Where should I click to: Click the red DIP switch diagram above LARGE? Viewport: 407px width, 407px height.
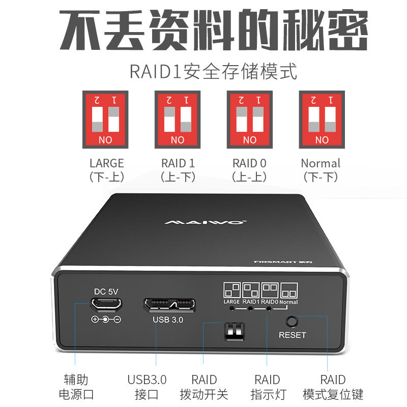coord(105,120)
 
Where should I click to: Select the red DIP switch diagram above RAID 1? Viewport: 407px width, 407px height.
coord(178,120)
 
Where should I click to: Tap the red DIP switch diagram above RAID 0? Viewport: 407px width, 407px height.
coord(250,120)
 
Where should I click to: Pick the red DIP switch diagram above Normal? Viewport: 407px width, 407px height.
coord(322,120)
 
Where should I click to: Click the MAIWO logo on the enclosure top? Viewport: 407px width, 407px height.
coord(206,222)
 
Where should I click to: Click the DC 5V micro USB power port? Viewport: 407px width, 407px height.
coord(106,305)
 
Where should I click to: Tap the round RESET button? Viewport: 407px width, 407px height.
coord(292,322)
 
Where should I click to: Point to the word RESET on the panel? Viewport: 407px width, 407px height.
coord(293,335)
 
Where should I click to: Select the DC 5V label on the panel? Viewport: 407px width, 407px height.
coord(106,292)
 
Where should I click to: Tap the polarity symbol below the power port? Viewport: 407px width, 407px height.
coord(106,319)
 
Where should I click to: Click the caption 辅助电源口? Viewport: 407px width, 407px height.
coord(79,387)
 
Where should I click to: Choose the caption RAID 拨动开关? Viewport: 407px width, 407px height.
coord(204,387)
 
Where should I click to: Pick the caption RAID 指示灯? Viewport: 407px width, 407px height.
coord(267,387)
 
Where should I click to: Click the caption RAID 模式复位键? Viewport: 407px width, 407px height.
coord(333,387)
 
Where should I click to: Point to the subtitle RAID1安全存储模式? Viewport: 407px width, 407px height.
coord(213,71)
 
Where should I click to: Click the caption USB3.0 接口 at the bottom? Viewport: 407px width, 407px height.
coord(147,387)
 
